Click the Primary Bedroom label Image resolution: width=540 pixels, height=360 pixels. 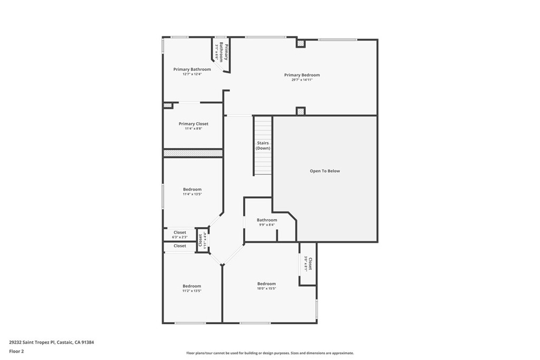[x=302, y=75]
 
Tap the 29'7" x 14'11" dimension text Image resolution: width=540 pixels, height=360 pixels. [x=302, y=80]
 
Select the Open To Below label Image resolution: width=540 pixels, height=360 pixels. [x=324, y=171]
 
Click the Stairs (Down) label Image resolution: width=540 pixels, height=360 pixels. [x=263, y=145]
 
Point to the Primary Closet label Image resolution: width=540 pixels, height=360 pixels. [x=193, y=124]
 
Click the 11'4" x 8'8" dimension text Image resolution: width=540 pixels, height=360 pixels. [x=193, y=129]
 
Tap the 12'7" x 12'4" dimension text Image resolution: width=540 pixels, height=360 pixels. [x=192, y=74]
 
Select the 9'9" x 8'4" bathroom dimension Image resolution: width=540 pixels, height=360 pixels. [x=266, y=225]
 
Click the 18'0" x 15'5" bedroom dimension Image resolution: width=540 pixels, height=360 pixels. [x=266, y=288]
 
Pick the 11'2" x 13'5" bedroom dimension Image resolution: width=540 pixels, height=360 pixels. [x=192, y=291]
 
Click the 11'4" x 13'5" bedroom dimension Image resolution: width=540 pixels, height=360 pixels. [x=192, y=194]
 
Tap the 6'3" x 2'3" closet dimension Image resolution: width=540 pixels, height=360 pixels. [x=180, y=237]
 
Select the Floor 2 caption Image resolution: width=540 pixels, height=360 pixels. [x=16, y=351]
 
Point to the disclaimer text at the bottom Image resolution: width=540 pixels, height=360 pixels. [x=269, y=353]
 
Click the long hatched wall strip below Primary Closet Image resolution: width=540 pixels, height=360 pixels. [x=193, y=153]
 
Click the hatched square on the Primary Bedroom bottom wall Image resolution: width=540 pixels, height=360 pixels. [x=301, y=111]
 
